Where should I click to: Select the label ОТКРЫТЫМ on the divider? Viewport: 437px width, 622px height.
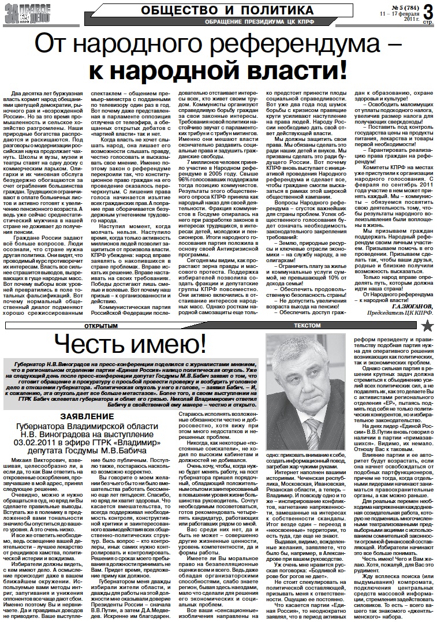[99, 326]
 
